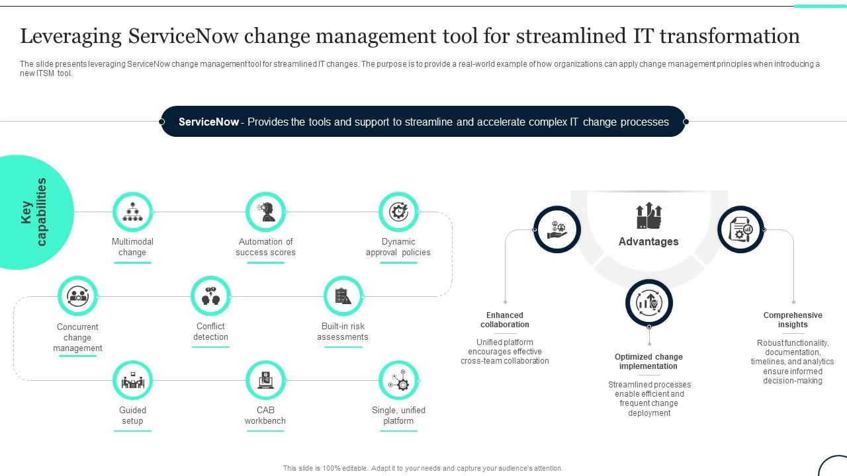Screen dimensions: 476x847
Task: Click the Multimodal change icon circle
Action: click(132, 212)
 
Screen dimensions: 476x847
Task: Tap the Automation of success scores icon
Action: click(265, 212)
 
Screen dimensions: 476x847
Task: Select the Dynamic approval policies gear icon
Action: click(398, 212)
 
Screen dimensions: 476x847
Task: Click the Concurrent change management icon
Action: click(77, 296)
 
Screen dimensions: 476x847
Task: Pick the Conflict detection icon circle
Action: click(210, 296)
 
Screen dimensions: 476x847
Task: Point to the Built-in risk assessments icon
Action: click(343, 296)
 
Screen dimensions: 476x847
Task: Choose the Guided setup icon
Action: click(132, 380)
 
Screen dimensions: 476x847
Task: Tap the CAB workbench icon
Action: click(265, 380)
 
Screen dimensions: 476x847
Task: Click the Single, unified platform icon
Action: click(398, 380)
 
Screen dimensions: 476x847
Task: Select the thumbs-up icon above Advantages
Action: click(648, 216)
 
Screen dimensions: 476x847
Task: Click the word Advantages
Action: click(648, 242)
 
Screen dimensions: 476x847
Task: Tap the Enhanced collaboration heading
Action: click(505, 320)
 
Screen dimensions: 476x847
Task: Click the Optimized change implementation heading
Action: click(648, 362)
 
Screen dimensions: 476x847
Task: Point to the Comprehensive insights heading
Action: click(793, 320)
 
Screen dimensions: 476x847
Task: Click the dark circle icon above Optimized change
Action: click(649, 303)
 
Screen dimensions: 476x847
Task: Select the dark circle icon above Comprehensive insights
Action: click(740, 229)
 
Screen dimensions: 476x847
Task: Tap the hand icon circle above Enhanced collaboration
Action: click(557, 229)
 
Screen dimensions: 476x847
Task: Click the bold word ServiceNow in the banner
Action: click(208, 122)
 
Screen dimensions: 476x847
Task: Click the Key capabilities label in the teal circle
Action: click(34, 212)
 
